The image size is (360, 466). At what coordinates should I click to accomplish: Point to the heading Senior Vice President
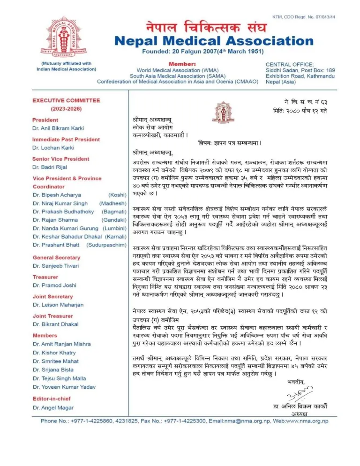(x=60, y=159)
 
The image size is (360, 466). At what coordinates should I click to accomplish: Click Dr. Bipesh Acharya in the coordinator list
(x=54, y=194)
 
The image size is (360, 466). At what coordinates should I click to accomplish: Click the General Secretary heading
(x=56, y=257)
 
